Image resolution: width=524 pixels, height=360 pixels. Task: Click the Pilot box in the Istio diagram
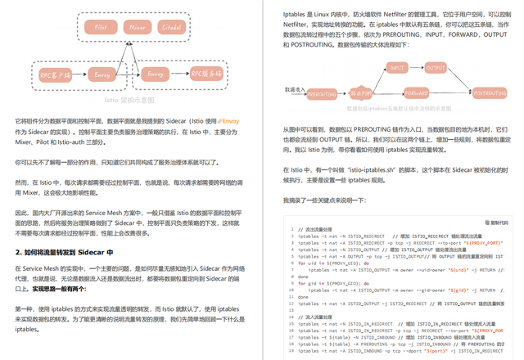point(101,27)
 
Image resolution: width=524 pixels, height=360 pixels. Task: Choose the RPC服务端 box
point(206,74)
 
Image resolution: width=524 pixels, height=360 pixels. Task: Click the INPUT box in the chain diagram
point(397,68)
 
